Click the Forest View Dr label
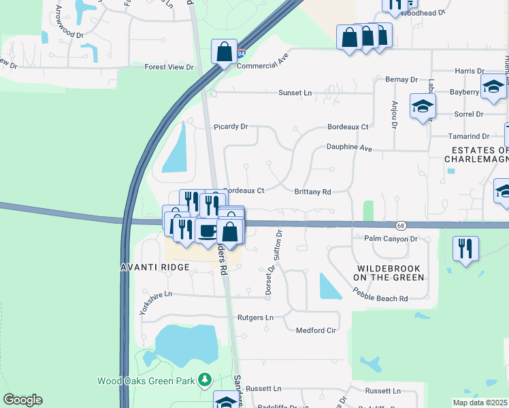coord(169,67)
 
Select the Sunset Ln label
coord(295,93)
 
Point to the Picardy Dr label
coord(231,126)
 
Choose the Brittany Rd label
coord(312,192)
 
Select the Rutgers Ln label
coord(255,318)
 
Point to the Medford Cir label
coord(316,330)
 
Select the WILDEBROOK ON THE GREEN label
coord(390,273)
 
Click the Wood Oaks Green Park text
coord(146,381)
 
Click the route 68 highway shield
coord(401,225)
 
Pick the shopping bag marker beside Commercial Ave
coord(224,52)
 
